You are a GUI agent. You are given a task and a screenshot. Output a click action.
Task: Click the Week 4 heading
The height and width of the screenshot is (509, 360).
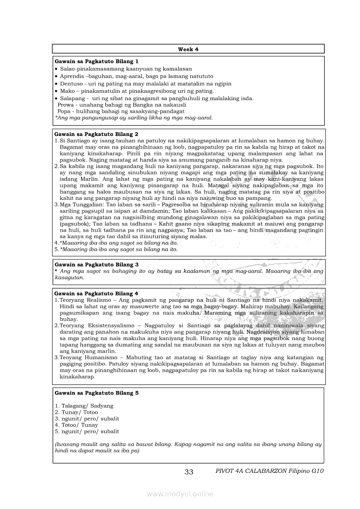pos(188,49)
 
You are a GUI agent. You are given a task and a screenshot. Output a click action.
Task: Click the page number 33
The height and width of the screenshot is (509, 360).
pos(189,472)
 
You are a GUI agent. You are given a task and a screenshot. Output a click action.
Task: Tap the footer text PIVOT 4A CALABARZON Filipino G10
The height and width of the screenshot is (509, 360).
pos(270,471)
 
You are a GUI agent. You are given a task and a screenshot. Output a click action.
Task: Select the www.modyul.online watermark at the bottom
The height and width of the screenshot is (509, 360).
pos(180,494)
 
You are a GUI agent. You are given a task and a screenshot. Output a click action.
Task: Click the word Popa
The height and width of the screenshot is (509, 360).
pos(65,111)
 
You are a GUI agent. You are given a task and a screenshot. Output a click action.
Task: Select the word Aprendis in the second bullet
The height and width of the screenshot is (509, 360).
pos(72,76)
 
